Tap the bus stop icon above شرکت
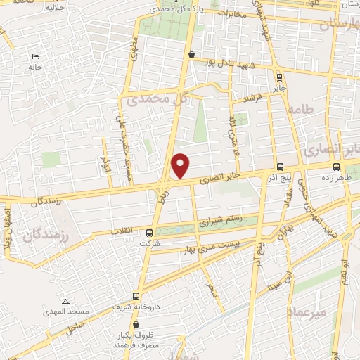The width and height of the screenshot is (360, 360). click(x=148, y=233)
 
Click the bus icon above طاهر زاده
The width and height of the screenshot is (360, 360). click(x=337, y=167)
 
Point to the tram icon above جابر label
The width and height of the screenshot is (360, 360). click(x=280, y=77)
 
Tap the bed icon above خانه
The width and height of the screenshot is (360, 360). click(x=34, y=57)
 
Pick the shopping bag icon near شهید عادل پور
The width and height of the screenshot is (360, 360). click(x=191, y=53)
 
